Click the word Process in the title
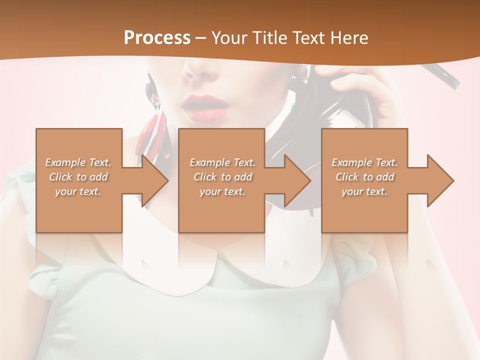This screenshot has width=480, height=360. (157, 38)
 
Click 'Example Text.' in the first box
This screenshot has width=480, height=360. (78, 162)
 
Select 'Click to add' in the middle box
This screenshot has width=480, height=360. (222, 177)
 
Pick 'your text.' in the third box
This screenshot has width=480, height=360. (364, 191)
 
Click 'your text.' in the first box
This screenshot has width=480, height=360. (78, 191)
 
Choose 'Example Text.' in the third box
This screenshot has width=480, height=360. (364, 162)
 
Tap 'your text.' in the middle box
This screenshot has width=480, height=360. (222, 191)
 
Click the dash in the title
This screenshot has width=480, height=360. (201, 38)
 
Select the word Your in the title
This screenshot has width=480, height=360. (230, 38)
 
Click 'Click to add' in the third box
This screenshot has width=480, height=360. (364, 177)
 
